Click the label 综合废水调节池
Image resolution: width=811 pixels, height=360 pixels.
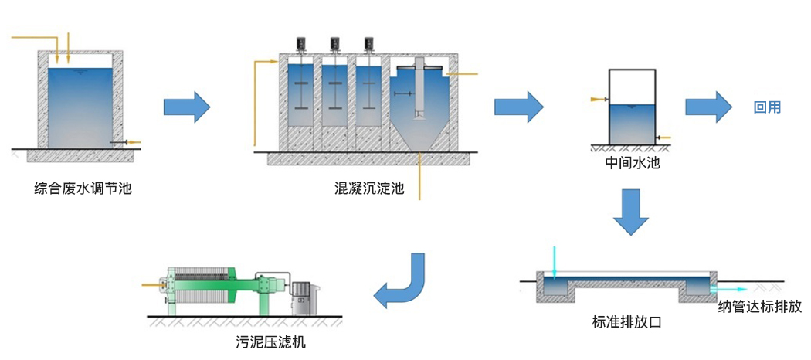coord(83,187)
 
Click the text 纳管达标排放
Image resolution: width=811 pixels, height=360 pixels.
coord(759,307)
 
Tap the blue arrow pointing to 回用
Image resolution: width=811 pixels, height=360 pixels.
coord(709,106)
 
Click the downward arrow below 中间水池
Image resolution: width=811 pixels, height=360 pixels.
coord(632,211)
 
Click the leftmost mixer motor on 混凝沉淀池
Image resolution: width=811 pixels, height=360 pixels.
coord(302,44)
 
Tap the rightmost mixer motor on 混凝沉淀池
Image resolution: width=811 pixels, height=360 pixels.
coord(368,44)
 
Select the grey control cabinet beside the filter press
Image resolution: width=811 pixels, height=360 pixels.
coord(304,296)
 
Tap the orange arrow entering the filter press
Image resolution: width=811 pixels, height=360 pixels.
coord(152,285)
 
